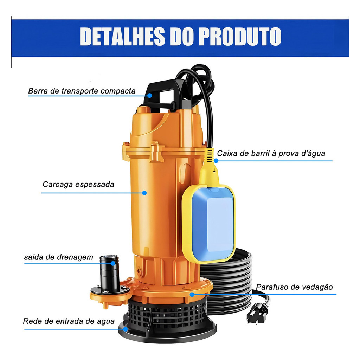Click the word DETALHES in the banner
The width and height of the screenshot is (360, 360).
122,36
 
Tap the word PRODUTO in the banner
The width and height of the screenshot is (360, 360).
240,36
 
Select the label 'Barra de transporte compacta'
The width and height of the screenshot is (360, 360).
82,91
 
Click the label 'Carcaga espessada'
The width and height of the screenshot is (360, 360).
78,184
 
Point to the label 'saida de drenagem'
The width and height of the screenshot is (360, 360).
59,257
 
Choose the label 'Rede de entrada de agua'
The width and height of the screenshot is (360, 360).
69,321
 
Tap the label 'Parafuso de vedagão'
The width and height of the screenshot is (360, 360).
294,287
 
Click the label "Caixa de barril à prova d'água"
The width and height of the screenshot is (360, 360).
271,153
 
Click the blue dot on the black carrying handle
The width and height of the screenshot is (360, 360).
150,95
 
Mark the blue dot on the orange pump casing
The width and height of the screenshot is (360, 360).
144,193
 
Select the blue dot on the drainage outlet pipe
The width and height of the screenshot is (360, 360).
113,263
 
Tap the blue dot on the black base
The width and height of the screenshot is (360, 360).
125,329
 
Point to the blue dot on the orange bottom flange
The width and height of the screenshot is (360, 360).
192,294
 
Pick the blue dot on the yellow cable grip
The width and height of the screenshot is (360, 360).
216,160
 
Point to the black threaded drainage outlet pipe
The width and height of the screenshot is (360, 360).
110,273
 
